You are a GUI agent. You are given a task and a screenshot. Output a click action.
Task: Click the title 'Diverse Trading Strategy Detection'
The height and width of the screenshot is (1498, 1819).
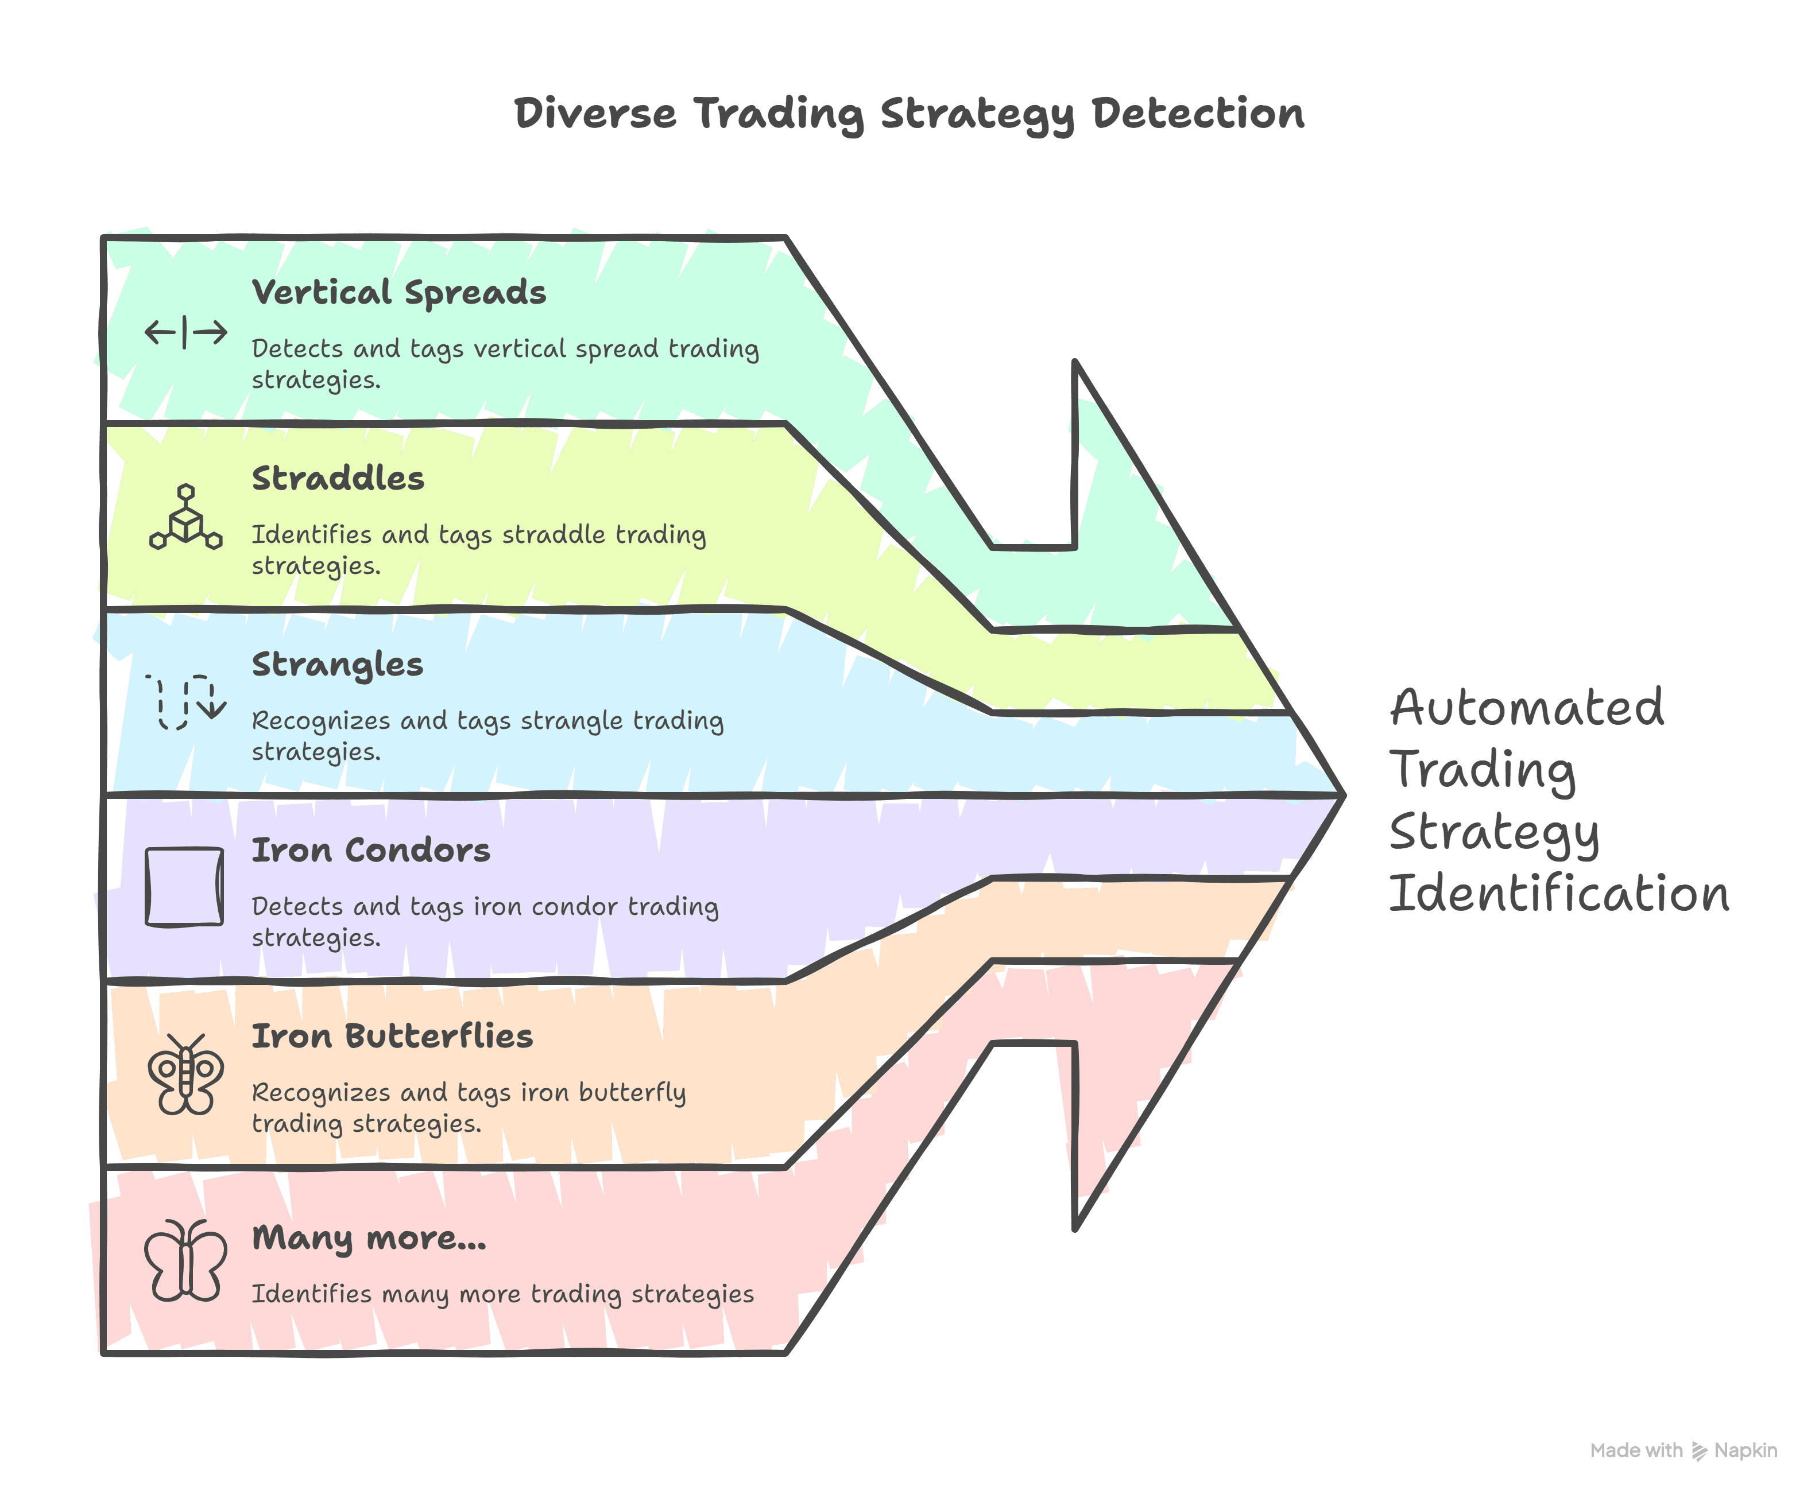(x=909, y=114)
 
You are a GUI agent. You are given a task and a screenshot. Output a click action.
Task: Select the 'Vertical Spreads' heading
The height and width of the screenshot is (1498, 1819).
(x=399, y=293)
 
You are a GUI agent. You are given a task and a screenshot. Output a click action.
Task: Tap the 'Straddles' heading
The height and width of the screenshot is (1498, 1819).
(x=338, y=478)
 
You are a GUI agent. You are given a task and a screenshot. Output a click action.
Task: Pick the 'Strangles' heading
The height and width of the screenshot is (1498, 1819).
(x=338, y=665)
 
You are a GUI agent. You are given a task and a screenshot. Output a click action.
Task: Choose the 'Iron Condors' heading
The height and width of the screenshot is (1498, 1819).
(x=370, y=850)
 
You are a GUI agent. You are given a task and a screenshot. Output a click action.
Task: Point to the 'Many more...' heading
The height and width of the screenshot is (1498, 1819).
(x=369, y=1238)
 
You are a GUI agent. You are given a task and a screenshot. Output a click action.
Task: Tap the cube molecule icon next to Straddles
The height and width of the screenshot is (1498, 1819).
(x=185, y=518)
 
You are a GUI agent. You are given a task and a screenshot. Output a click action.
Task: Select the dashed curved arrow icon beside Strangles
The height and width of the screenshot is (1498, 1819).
(x=185, y=701)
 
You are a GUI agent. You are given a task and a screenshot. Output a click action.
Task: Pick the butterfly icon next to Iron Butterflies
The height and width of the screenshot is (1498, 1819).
(x=185, y=1074)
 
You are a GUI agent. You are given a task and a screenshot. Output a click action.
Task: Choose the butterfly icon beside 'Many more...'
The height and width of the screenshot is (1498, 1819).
(x=185, y=1261)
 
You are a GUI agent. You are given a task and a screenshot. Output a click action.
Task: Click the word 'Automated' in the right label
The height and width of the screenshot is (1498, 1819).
(x=1526, y=708)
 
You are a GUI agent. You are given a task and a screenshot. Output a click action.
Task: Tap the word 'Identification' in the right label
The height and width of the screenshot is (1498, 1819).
(x=1559, y=893)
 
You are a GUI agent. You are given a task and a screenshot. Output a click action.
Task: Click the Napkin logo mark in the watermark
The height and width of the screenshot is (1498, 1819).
(x=1699, y=1450)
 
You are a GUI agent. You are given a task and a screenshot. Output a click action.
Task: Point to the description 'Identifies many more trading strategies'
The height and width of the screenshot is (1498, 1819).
(x=502, y=1294)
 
